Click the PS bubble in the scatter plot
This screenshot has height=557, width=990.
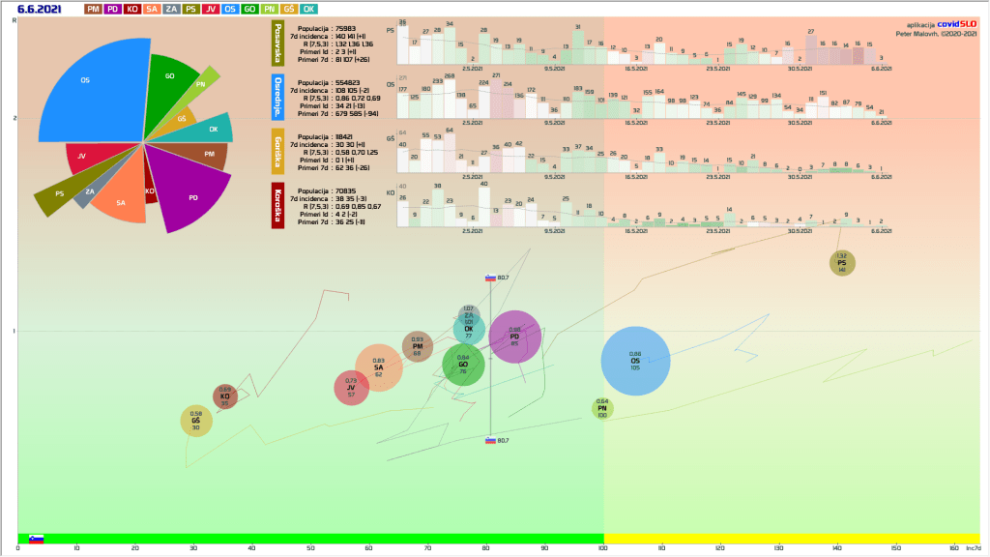841,262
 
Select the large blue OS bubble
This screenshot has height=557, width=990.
635,361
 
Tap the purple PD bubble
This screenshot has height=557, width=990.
514,337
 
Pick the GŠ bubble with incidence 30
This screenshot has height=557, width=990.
196,421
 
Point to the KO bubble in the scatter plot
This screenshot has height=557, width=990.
224,396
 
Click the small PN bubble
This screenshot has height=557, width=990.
602,408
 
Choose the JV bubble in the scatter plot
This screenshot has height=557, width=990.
351,387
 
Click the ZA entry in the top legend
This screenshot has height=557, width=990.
170,9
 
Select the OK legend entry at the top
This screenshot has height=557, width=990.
309,9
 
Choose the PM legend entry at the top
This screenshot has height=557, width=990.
94,9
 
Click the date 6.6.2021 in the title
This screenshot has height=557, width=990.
40,9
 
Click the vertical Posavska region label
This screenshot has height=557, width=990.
278,45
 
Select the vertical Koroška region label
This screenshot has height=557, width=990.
278,205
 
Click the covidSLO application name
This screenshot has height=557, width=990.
957,24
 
